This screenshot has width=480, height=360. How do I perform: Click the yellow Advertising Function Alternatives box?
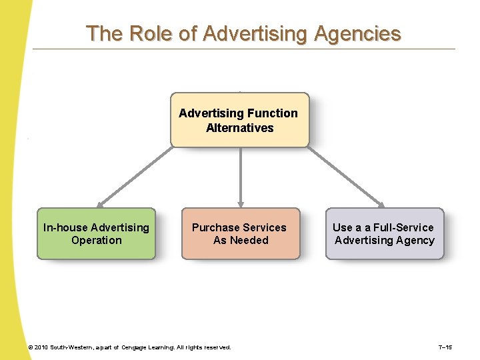240,120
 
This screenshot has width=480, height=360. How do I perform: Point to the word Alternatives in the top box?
240,128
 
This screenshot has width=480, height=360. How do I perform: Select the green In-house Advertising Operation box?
96,233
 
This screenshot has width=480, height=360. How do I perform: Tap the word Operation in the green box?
97,240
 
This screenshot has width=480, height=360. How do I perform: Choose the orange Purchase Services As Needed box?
240,233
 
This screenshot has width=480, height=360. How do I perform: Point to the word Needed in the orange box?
249,240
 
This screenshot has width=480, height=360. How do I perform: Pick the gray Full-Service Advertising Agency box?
384,233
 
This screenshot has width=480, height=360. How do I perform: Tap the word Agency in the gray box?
416,240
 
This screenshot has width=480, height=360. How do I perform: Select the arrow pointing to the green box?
133,177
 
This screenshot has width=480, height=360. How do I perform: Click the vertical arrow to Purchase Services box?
241,177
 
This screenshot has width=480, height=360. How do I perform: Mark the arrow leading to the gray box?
347,177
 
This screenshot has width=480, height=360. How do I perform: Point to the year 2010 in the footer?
41,347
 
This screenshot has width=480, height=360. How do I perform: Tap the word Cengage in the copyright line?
137,347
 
